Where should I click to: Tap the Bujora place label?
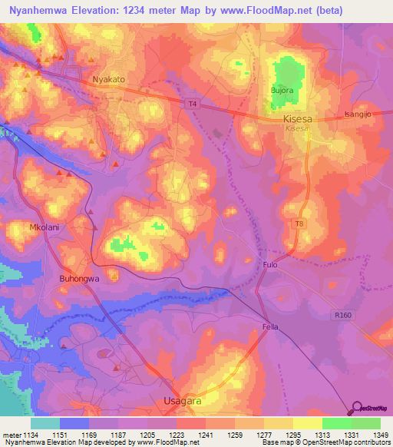pyautogui.click(x=282, y=91)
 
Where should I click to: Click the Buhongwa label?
pyautogui.click(x=80, y=280)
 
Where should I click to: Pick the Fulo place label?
pyautogui.click(x=269, y=264)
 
